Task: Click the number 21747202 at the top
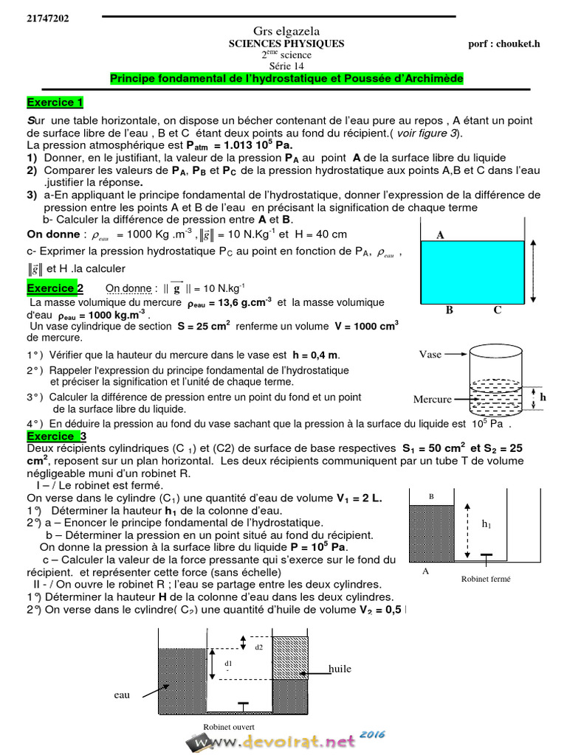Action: coord(48,18)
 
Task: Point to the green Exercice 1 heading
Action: coord(55,102)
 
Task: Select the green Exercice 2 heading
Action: coord(55,288)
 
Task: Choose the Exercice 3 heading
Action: coord(57,436)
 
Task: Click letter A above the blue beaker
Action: coord(440,235)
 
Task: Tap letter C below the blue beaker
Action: coord(498,310)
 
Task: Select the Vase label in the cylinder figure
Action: coord(430,354)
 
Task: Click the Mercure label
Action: coord(432,400)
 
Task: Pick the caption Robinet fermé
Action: coord(486,579)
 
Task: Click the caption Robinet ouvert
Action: coord(229,726)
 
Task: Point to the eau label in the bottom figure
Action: coord(122,694)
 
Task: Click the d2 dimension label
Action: coord(258,647)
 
